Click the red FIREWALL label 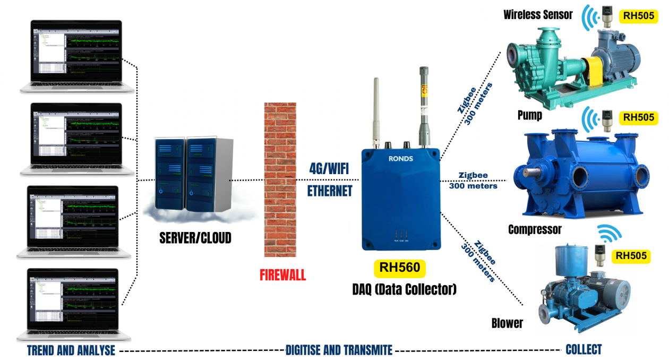click(x=282, y=276)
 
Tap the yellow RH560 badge click(x=400, y=268)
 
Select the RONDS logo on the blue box click(x=401, y=158)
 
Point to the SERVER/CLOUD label click(x=195, y=238)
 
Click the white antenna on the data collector click(x=376, y=111)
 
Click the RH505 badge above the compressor click(x=639, y=117)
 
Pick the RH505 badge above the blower click(x=631, y=256)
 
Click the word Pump click(x=530, y=115)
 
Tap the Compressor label click(x=535, y=229)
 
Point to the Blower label click(x=507, y=323)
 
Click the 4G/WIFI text click(x=330, y=168)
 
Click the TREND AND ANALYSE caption click(x=71, y=350)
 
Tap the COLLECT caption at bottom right click(x=584, y=349)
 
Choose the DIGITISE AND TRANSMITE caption click(x=339, y=350)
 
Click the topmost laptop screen click(x=76, y=53)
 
